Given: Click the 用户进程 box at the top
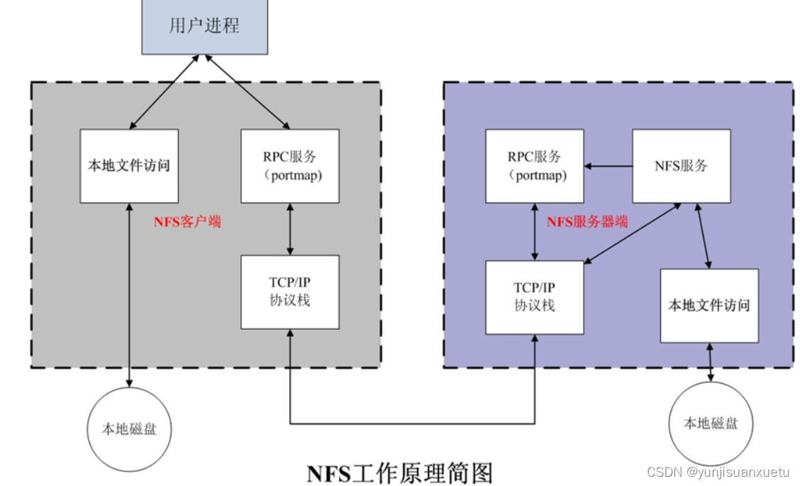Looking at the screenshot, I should (x=205, y=27).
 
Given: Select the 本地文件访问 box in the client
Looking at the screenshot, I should (x=129, y=165).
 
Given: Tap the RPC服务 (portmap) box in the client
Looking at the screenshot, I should (x=289, y=165).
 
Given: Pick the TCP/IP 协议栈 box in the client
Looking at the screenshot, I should (x=289, y=292).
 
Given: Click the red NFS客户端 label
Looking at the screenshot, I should (x=187, y=221).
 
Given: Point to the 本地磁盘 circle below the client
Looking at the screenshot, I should (x=129, y=429).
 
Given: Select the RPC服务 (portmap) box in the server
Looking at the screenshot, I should (x=535, y=165).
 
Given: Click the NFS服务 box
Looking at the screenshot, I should (x=681, y=165).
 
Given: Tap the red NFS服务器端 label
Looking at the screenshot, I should (x=587, y=221).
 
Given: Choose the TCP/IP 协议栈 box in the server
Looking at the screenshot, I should (x=535, y=297).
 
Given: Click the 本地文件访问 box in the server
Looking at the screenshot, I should (x=709, y=305).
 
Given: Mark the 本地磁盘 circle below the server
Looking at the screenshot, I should (x=711, y=424).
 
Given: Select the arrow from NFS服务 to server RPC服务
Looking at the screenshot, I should (x=609, y=166).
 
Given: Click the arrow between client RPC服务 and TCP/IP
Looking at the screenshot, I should (x=289, y=228).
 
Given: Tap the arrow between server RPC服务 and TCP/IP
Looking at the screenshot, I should (x=535, y=231).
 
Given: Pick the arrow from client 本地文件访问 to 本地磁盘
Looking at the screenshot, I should (x=129, y=294).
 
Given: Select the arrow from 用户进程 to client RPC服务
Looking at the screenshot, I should (x=246, y=92).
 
